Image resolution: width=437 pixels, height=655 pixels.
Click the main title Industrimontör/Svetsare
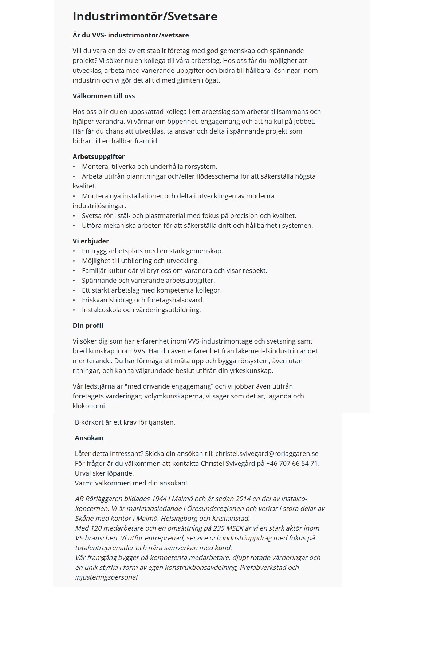[145, 16]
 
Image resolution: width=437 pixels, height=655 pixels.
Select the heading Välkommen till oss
[104, 96]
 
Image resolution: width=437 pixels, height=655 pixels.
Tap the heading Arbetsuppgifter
[99, 157]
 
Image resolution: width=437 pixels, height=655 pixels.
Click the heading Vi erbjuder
[91, 241]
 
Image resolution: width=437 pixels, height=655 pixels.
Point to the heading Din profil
[88, 326]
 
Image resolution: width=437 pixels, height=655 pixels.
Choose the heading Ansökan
[89, 438]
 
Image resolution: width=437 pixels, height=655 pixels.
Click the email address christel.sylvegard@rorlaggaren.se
[267, 454]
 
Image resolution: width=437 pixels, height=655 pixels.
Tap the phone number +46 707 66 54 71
[292, 464]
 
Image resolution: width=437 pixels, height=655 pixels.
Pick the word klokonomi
[89, 406]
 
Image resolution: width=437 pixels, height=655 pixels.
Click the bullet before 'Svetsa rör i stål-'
[74, 216]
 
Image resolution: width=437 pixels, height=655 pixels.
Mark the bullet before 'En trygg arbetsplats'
[74, 251]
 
